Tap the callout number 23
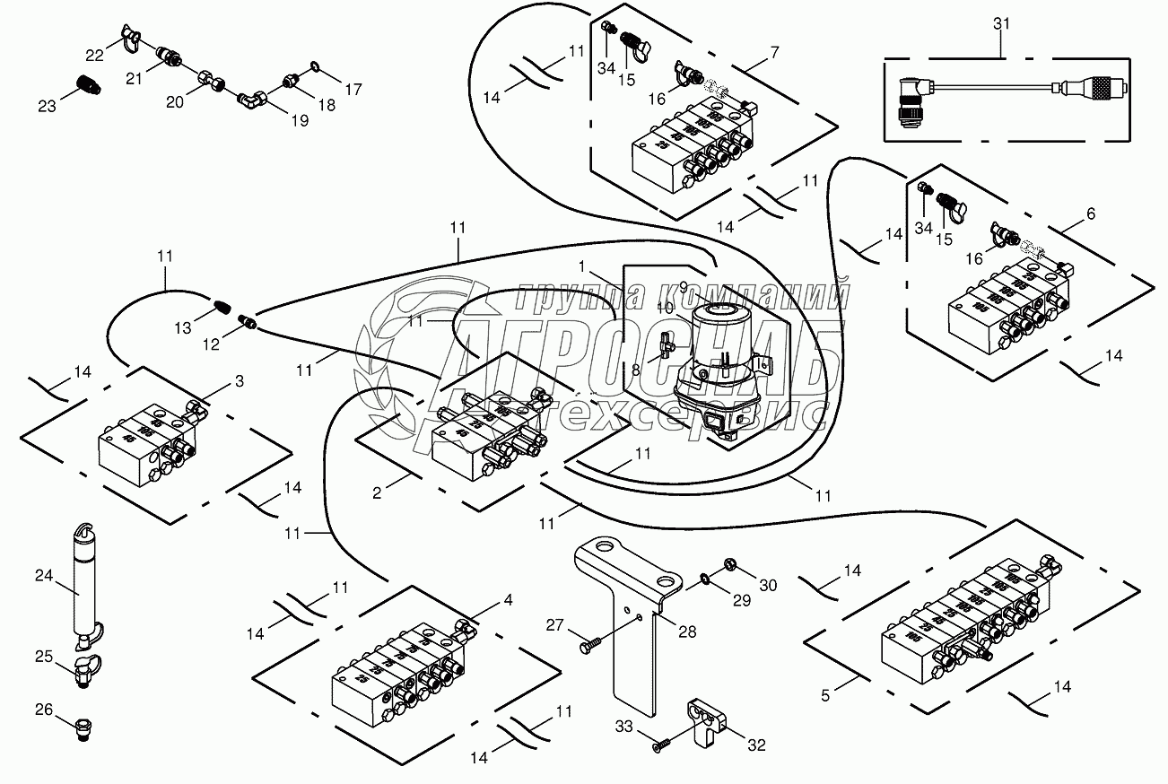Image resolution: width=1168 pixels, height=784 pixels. pos(47,106)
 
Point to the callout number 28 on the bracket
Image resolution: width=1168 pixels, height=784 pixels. pos(687,632)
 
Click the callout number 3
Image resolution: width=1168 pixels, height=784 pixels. pos(239,382)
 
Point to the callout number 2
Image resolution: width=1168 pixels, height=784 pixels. pos(378,492)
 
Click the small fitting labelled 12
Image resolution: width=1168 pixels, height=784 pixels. pos(248,319)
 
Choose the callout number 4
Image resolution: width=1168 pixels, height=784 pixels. pos(508,600)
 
